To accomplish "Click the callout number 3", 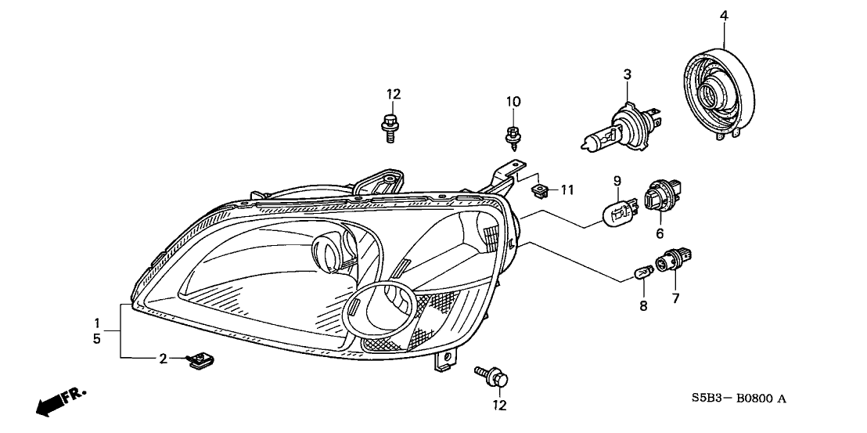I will pyautogui.click(x=627, y=74).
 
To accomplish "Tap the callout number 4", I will pyautogui.click(x=724, y=15).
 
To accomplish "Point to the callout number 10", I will pyautogui.click(x=513, y=102).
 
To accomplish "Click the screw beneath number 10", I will pyautogui.click(x=513, y=139).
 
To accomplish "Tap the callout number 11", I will pyautogui.click(x=567, y=189).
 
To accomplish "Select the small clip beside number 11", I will pyautogui.click(x=539, y=189).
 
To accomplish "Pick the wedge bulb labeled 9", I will pyautogui.click(x=618, y=211).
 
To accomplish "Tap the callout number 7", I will pyautogui.click(x=675, y=298).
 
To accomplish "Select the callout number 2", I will pyautogui.click(x=163, y=359).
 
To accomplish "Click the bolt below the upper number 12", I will pyautogui.click(x=390, y=128).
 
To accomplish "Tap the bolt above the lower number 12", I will pyautogui.click(x=491, y=377).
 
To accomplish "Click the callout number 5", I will pyautogui.click(x=97, y=340).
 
